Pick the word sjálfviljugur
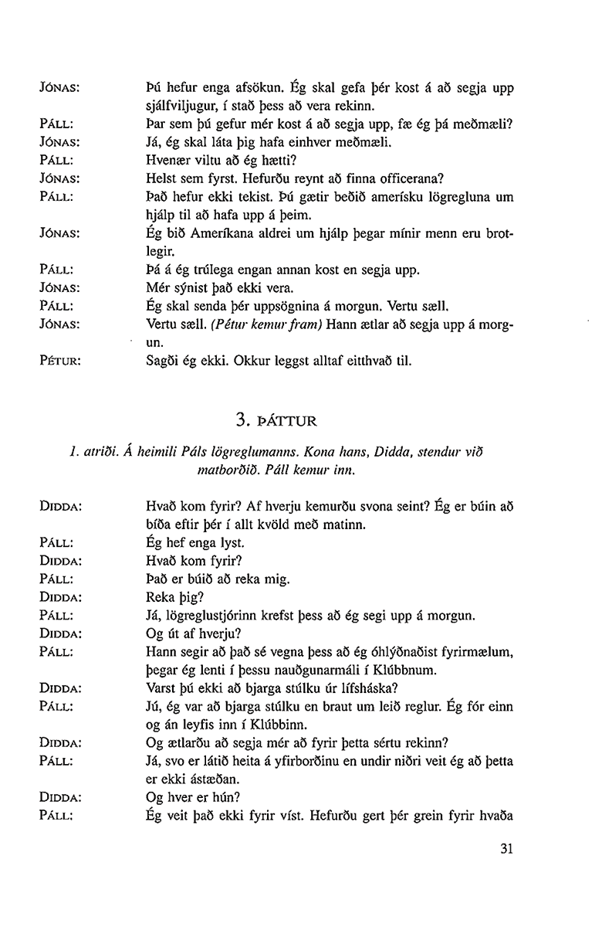[x=180, y=104]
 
